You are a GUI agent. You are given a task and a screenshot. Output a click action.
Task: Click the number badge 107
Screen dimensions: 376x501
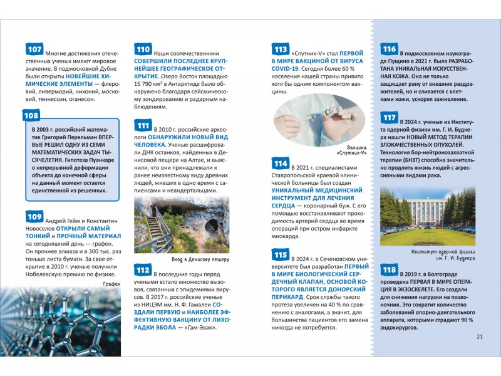[x=35, y=50]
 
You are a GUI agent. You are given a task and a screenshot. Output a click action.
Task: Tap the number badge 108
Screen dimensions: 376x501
[x=31, y=115]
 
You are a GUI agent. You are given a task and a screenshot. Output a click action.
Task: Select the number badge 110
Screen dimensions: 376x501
[x=143, y=50]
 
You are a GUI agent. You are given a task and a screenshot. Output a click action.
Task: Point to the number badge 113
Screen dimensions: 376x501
[x=281, y=50]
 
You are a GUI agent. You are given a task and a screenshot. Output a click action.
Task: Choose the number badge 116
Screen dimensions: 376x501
[x=389, y=50]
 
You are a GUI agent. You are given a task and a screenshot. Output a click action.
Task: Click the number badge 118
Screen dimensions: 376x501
[x=389, y=270]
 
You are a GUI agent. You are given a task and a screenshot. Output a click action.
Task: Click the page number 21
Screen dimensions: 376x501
[x=480, y=337]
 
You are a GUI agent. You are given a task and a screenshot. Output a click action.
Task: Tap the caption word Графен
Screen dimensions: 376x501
[x=110, y=283]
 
